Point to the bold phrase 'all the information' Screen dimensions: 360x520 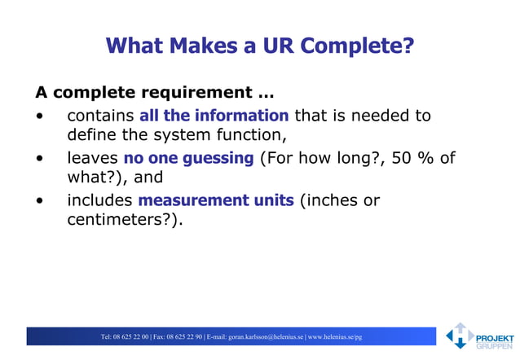[x=214, y=116]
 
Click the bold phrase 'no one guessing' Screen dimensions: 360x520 [x=188, y=158]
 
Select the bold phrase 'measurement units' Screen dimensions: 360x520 [x=217, y=200]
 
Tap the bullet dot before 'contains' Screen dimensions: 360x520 [x=40, y=116]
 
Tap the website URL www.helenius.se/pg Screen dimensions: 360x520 [x=335, y=336]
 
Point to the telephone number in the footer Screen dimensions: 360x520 [x=125, y=336]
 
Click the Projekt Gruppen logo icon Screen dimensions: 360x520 [x=459, y=336]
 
